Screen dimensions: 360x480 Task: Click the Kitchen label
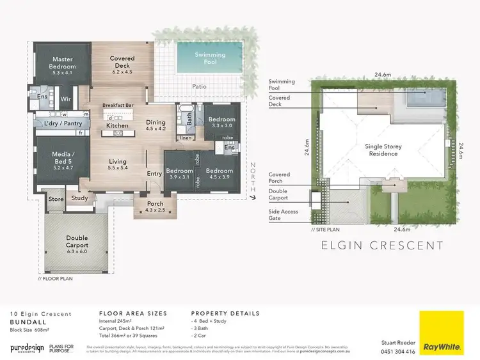[x=117, y=125]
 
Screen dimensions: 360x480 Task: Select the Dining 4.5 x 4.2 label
[x=156, y=125]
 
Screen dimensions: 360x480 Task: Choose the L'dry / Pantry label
[x=58, y=123]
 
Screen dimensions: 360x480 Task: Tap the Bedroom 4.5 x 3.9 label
[x=219, y=174]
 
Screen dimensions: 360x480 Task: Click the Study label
[x=79, y=198]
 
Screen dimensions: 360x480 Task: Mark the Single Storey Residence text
[x=383, y=150]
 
